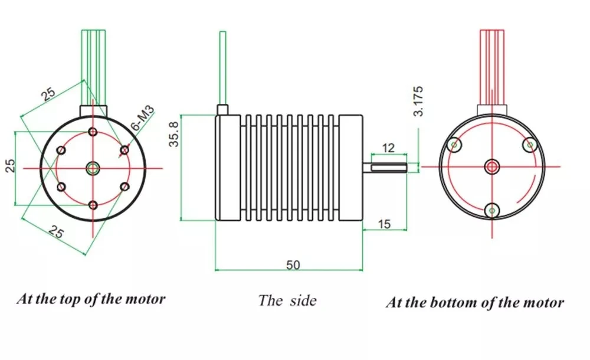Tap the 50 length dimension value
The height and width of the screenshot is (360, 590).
click(293, 265)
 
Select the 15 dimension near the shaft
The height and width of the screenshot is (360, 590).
click(384, 224)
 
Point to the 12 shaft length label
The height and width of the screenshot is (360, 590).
click(388, 146)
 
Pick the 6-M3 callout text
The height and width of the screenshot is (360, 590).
click(142, 117)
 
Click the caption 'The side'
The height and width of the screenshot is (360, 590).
click(287, 300)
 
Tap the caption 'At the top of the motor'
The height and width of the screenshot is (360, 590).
click(91, 298)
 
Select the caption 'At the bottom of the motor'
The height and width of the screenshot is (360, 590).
click(475, 303)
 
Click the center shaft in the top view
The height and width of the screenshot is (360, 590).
click(93, 168)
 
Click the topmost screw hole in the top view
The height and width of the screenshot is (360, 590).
click(93, 132)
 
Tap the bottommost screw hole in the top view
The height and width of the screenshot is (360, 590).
click(93, 205)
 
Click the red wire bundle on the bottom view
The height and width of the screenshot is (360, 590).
click(491, 65)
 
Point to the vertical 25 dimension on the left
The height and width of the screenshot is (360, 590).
click(10, 166)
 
